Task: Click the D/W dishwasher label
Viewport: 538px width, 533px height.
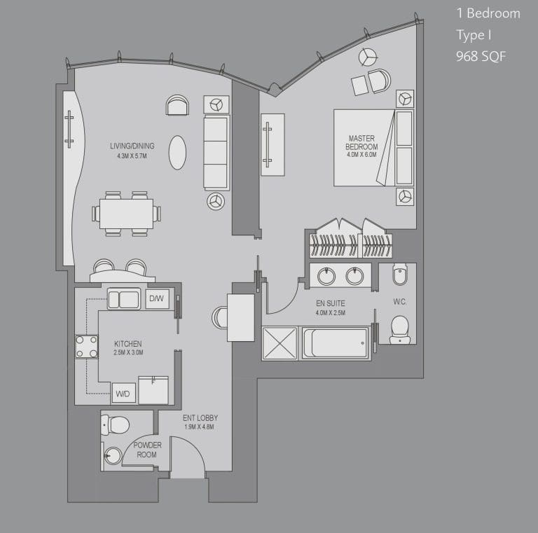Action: [156, 298]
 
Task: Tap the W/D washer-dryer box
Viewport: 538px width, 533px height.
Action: [123, 393]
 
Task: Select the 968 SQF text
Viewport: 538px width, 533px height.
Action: [481, 56]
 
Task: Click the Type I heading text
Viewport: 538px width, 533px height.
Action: [474, 34]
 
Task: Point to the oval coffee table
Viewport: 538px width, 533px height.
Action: [177, 153]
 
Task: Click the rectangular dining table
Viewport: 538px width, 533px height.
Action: [127, 214]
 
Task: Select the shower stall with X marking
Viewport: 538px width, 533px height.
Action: [280, 343]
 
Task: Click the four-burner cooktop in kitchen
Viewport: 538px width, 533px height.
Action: [86, 347]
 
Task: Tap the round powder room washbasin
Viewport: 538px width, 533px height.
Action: [113, 456]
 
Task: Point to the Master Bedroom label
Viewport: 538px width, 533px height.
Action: [361, 142]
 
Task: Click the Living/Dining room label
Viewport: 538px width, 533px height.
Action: [132, 146]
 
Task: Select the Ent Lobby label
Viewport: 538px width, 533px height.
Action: [200, 417]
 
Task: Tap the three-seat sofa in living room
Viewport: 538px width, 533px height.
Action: [216, 153]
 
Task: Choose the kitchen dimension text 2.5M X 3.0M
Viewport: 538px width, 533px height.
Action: [128, 352]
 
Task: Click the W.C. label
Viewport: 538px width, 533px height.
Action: [400, 302]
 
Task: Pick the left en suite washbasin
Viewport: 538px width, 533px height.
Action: [326, 276]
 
